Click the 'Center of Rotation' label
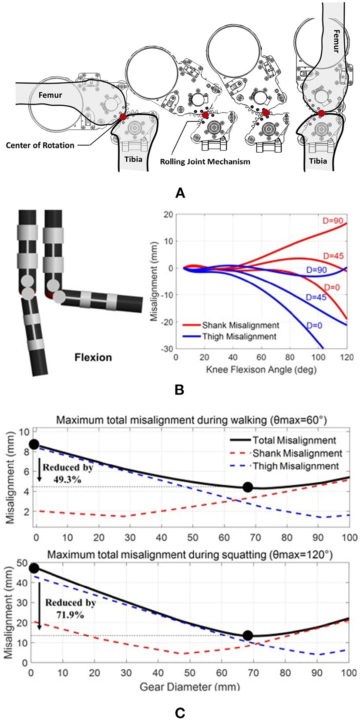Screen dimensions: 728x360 tap(40, 145)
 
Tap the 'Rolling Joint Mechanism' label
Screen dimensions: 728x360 tap(205, 161)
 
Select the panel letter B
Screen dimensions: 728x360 tap(179, 390)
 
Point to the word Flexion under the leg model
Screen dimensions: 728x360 tap(93, 357)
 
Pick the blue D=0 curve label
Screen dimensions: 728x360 tap(314, 325)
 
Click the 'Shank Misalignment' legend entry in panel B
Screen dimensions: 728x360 tap(240, 325)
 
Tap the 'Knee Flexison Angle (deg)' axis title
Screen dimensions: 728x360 tap(261, 370)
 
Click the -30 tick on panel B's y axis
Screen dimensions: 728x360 tap(167, 349)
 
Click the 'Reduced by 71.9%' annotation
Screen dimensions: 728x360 tap(71, 609)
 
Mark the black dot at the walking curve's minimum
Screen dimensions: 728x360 tap(248, 487)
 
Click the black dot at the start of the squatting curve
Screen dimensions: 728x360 tap(34, 568)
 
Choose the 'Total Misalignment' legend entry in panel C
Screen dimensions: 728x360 tap(294, 440)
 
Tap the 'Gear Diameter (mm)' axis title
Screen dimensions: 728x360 tap(190, 687)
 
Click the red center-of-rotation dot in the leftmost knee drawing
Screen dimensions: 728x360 tap(123, 117)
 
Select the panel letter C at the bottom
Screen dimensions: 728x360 tap(179, 713)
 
